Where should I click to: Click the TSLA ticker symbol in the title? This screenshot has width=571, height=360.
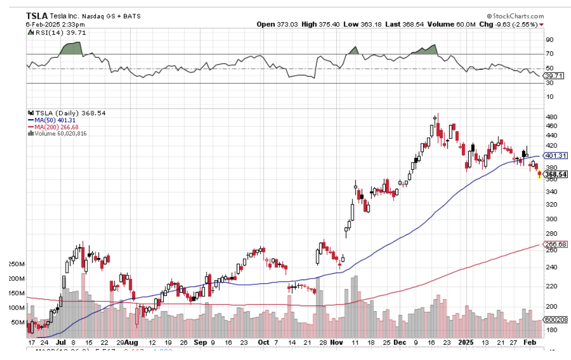pyautogui.click(x=37, y=16)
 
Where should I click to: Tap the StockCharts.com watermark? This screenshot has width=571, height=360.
pyautogui.click(x=514, y=16)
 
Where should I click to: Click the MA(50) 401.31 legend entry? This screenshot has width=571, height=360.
pyautogui.click(x=55, y=120)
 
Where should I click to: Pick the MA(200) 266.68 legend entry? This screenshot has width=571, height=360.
pyautogui.click(x=55, y=127)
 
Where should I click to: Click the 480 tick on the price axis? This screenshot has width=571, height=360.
pyautogui.click(x=551, y=117)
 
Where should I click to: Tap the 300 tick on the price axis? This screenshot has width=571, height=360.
pyautogui.click(x=551, y=219)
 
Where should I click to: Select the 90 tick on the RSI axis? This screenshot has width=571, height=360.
pyautogui.click(x=549, y=40)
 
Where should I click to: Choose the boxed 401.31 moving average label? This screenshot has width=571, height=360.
pyautogui.click(x=556, y=156)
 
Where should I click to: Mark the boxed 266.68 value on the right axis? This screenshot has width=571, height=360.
pyautogui.click(x=556, y=244)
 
